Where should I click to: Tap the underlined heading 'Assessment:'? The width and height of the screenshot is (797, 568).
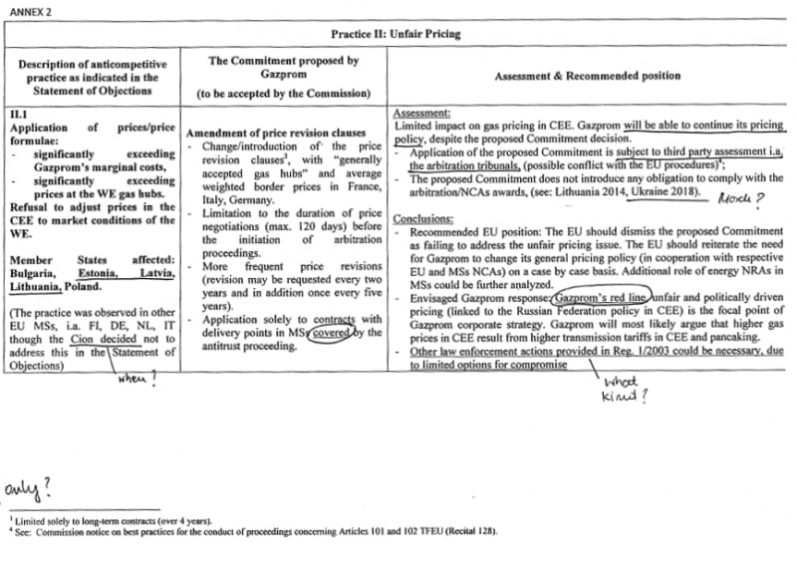[422, 115]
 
